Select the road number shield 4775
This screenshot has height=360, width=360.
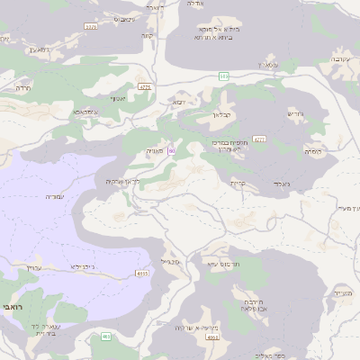pyautogui.click(x=145, y=87)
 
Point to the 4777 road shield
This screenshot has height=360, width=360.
pyautogui.click(x=260, y=139)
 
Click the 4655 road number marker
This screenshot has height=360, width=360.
pyautogui.click(x=142, y=273)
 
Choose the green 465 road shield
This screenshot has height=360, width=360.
pyautogui.click(x=106, y=337)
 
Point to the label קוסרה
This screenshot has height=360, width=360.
pyautogui.click(x=313, y=151)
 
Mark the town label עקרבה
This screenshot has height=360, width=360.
pyautogui.click(x=334, y=60)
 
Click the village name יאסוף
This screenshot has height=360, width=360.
pyautogui.click(x=119, y=98)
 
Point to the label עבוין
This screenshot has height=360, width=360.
pyautogui.click(x=35, y=267)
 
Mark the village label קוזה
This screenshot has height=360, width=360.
pyautogui.click(x=146, y=37)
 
